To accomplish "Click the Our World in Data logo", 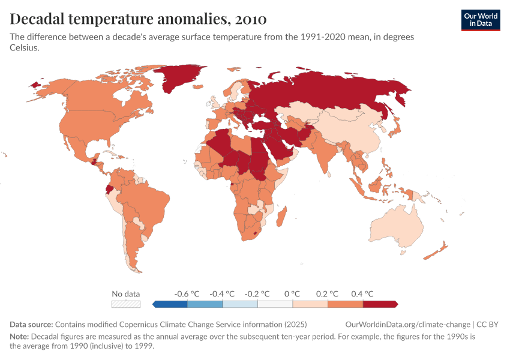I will [x=480, y=20].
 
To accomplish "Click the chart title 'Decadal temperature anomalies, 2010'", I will [x=139, y=19].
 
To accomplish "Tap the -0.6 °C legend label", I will [x=185, y=294].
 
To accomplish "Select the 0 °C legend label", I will [x=292, y=294].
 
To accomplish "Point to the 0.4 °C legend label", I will [x=362, y=294].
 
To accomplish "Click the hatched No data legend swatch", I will [x=125, y=304].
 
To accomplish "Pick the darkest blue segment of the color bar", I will [x=170, y=304].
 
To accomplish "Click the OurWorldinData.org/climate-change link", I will [x=408, y=325].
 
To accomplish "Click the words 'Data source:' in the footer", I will [x=31, y=325].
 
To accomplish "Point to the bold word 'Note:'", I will [x=19, y=337].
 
